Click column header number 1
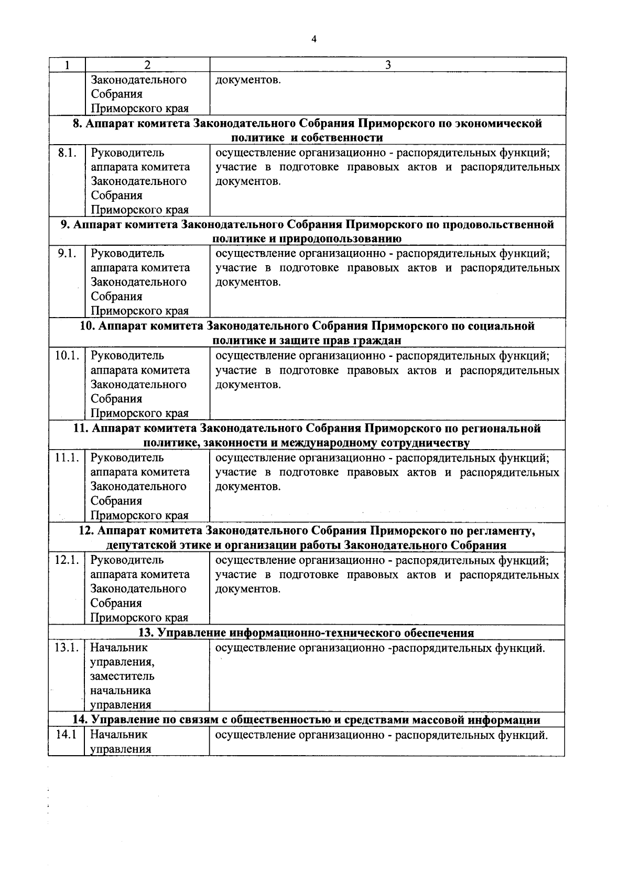[67, 65]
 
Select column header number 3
[388, 65]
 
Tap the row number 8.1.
[67, 153]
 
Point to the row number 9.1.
[67, 253]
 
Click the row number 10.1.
[67, 355]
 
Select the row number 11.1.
[67, 458]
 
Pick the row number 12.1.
[67, 560]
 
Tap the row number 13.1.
[67, 647]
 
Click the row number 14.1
[66, 734]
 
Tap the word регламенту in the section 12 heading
[500, 531]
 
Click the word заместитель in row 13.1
[122, 676]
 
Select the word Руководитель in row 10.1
[127, 355]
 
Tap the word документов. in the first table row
[248, 80]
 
